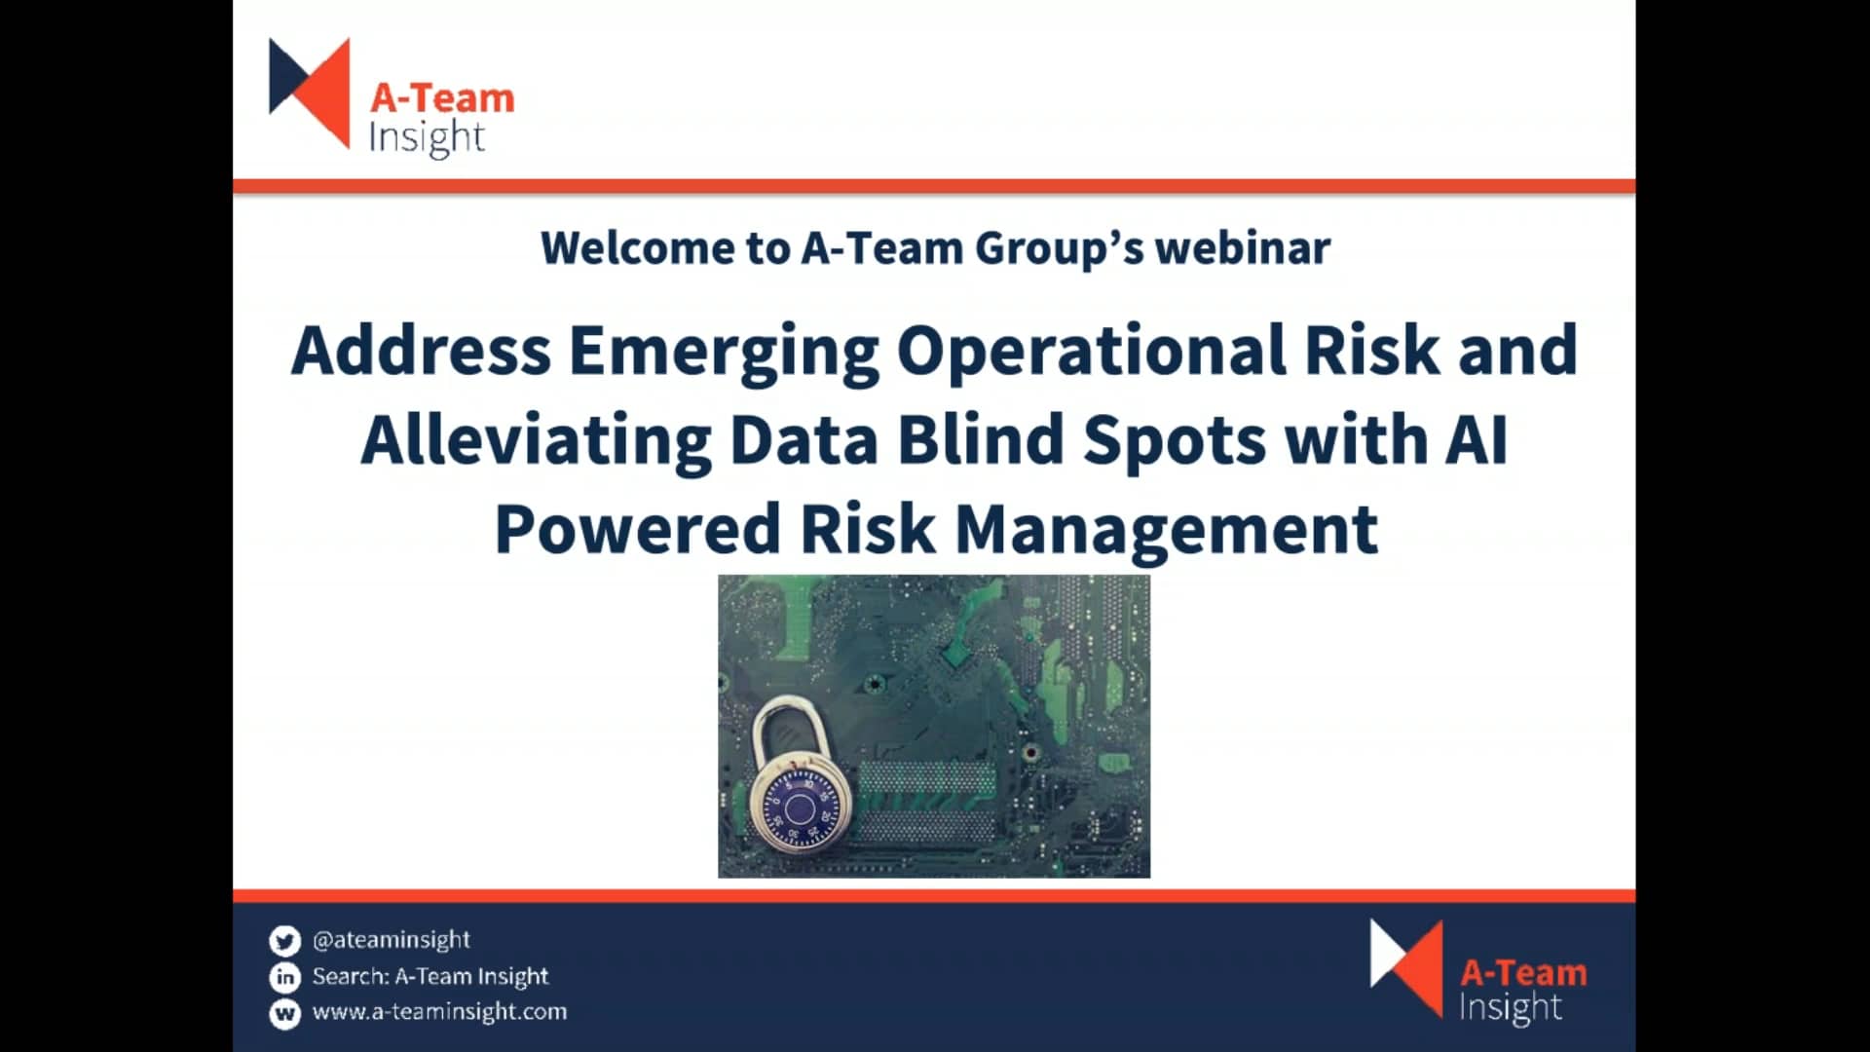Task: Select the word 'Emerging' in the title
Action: (x=724, y=353)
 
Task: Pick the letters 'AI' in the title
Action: (x=1477, y=440)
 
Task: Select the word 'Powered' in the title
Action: (x=637, y=529)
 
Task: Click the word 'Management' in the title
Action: (x=1167, y=529)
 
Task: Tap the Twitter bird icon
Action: (x=284, y=941)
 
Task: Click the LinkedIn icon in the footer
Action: (x=284, y=977)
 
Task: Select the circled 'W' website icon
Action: (x=284, y=1013)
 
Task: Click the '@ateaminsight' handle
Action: (x=392, y=940)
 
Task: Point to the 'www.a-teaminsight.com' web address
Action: (x=439, y=1012)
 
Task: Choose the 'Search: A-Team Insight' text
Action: (x=430, y=976)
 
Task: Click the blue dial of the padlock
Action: (x=800, y=809)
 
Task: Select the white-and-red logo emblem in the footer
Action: (x=1405, y=967)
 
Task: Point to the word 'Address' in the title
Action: (x=421, y=353)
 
